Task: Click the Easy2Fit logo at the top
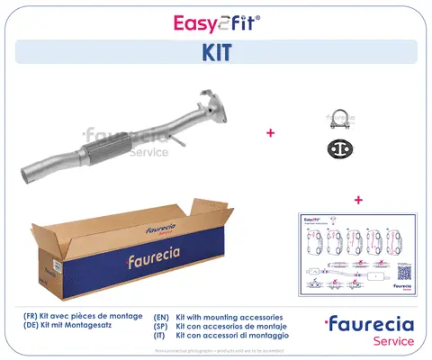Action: [215, 19]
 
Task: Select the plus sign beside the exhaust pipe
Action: [269, 132]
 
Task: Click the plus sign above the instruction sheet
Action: [357, 199]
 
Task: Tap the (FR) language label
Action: [33, 318]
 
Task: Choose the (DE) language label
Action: [33, 328]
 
